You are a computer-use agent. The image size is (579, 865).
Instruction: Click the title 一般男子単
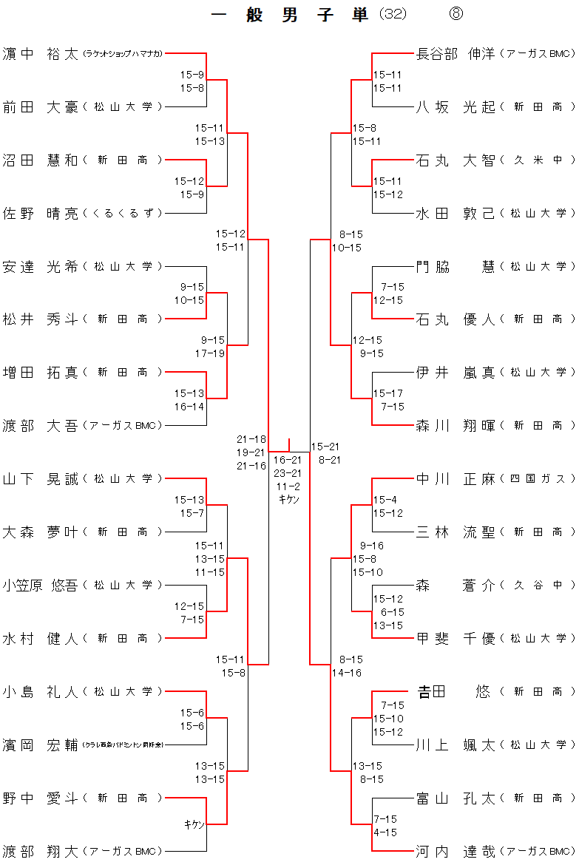click(289, 15)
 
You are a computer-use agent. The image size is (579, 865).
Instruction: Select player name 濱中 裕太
click(40, 54)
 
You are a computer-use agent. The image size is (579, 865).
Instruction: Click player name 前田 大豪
click(40, 107)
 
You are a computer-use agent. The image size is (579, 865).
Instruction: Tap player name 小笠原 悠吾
click(40, 586)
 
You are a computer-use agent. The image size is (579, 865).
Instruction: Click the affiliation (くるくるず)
click(123, 214)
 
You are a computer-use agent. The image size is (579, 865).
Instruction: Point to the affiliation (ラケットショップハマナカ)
click(123, 54)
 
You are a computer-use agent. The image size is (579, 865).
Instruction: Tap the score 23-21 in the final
click(286, 473)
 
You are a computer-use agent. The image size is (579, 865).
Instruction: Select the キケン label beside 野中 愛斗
click(194, 824)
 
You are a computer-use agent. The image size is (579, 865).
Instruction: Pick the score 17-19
click(210, 353)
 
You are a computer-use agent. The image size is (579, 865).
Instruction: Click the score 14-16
click(347, 673)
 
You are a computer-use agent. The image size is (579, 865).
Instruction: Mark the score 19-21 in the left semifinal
click(251, 452)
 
